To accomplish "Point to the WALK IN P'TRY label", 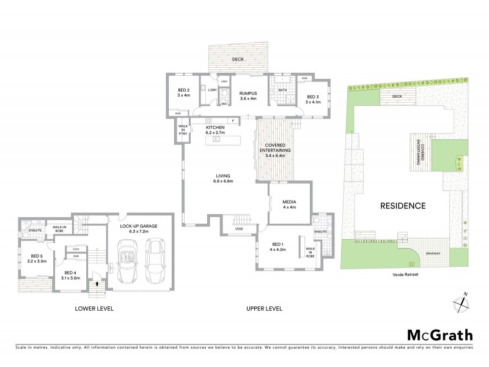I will click(183, 130).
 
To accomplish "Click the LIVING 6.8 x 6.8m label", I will click(224, 179).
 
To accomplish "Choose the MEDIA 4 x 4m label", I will click(289, 204).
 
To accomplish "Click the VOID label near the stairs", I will click(240, 230).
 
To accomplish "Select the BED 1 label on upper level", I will click(278, 246).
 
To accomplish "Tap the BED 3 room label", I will click(312, 99).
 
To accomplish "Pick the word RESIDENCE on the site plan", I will click(403, 206).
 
